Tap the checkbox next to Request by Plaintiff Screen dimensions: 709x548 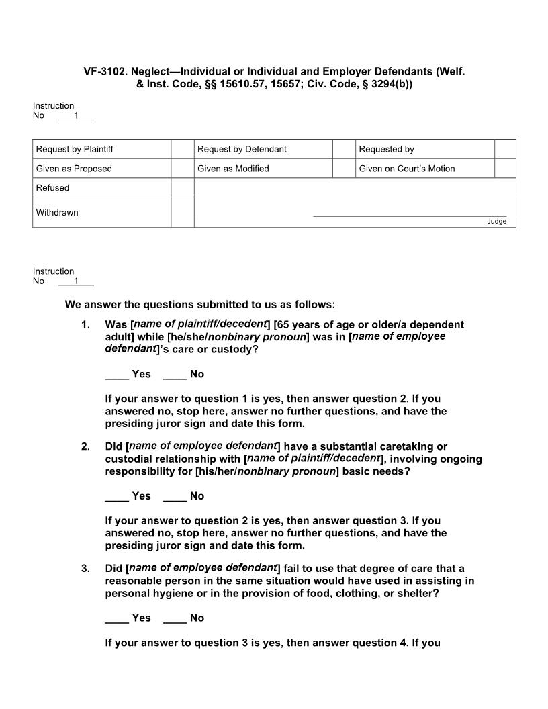pos(182,149)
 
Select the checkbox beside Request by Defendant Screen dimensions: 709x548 pos(344,149)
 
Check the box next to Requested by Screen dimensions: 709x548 pos(505,149)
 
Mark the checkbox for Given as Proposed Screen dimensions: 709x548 pos(182,169)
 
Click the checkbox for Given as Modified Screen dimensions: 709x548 pos(344,169)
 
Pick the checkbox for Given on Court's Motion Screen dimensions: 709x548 pos(505,169)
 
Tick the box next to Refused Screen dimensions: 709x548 pos(182,188)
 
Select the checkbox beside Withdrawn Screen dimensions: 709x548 pos(182,212)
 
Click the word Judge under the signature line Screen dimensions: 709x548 pos(497,222)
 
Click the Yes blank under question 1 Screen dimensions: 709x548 pos(117,374)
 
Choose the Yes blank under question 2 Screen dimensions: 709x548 pos(117,496)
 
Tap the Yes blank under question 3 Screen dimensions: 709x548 pos(117,618)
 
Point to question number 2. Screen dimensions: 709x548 pos(85,446)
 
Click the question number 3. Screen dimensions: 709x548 pos(85,569)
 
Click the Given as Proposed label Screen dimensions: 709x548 pos(74,169)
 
